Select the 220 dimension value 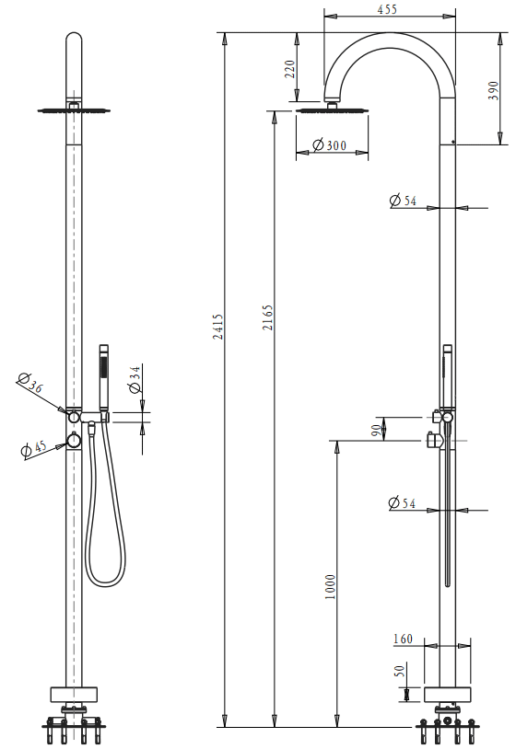coord(289,70)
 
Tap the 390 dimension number coord(493,89)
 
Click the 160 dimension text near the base coord(404,640)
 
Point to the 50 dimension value coord(400,671)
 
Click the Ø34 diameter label coord(135,379)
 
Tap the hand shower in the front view coord(103,376)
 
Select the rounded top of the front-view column coord(74,41)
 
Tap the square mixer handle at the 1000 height coord(435,442)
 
